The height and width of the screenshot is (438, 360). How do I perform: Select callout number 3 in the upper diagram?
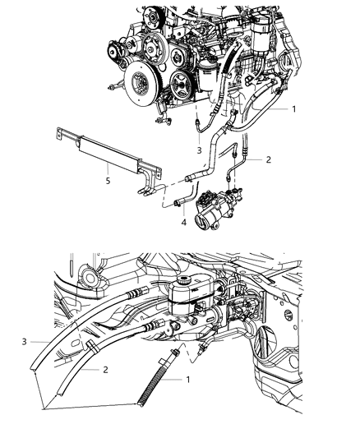click(x=199, y=150)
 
